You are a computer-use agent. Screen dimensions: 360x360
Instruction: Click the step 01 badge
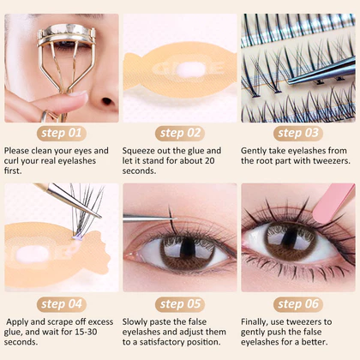point(62,134)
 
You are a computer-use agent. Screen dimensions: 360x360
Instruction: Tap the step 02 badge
point(180,134)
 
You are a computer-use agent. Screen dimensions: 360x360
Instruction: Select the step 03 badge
point(298,134)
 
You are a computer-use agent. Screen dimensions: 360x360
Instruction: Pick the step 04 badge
point(62,304)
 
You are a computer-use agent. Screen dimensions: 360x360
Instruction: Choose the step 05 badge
point(180,304)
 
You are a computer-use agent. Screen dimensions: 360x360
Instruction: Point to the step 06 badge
point(298,304)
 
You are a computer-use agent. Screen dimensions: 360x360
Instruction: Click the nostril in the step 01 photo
point(107,101)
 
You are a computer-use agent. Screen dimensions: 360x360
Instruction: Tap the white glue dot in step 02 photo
point(191,69)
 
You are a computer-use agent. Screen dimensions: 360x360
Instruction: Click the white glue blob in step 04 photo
point(32,254)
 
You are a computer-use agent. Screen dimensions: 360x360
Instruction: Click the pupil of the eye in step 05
point(188,249)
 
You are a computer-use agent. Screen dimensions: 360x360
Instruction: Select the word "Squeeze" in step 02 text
point(139,151)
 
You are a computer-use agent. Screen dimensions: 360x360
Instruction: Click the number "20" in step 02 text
point(209,160)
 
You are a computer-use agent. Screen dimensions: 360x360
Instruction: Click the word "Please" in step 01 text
point(16,151)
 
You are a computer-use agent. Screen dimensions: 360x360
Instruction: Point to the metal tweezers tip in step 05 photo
point(175,219)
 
